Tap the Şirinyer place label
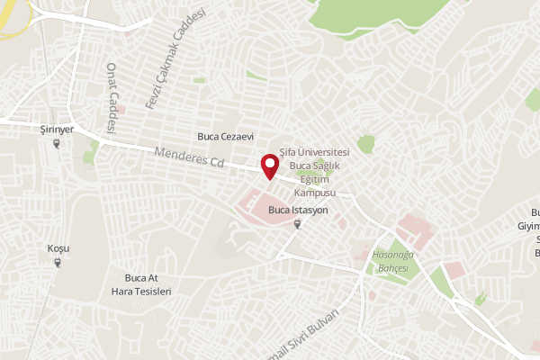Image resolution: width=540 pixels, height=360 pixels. click(x=57, y=130)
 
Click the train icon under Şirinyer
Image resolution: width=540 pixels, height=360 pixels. click(x=58, y=142)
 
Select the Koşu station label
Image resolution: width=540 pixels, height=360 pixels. click(x=58, y=248)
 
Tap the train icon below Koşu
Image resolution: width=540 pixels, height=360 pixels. click(x=58, y=262)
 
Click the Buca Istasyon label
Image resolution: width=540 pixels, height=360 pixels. click(x=298, y=210)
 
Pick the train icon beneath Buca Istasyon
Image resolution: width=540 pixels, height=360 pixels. click(x=298, y=223)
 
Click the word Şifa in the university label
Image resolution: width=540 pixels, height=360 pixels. click(x=288, y=153)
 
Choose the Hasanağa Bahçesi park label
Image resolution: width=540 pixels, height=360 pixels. click(x=392, y=262)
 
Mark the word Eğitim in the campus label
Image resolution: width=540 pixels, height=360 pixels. click(x=314, y=180)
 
